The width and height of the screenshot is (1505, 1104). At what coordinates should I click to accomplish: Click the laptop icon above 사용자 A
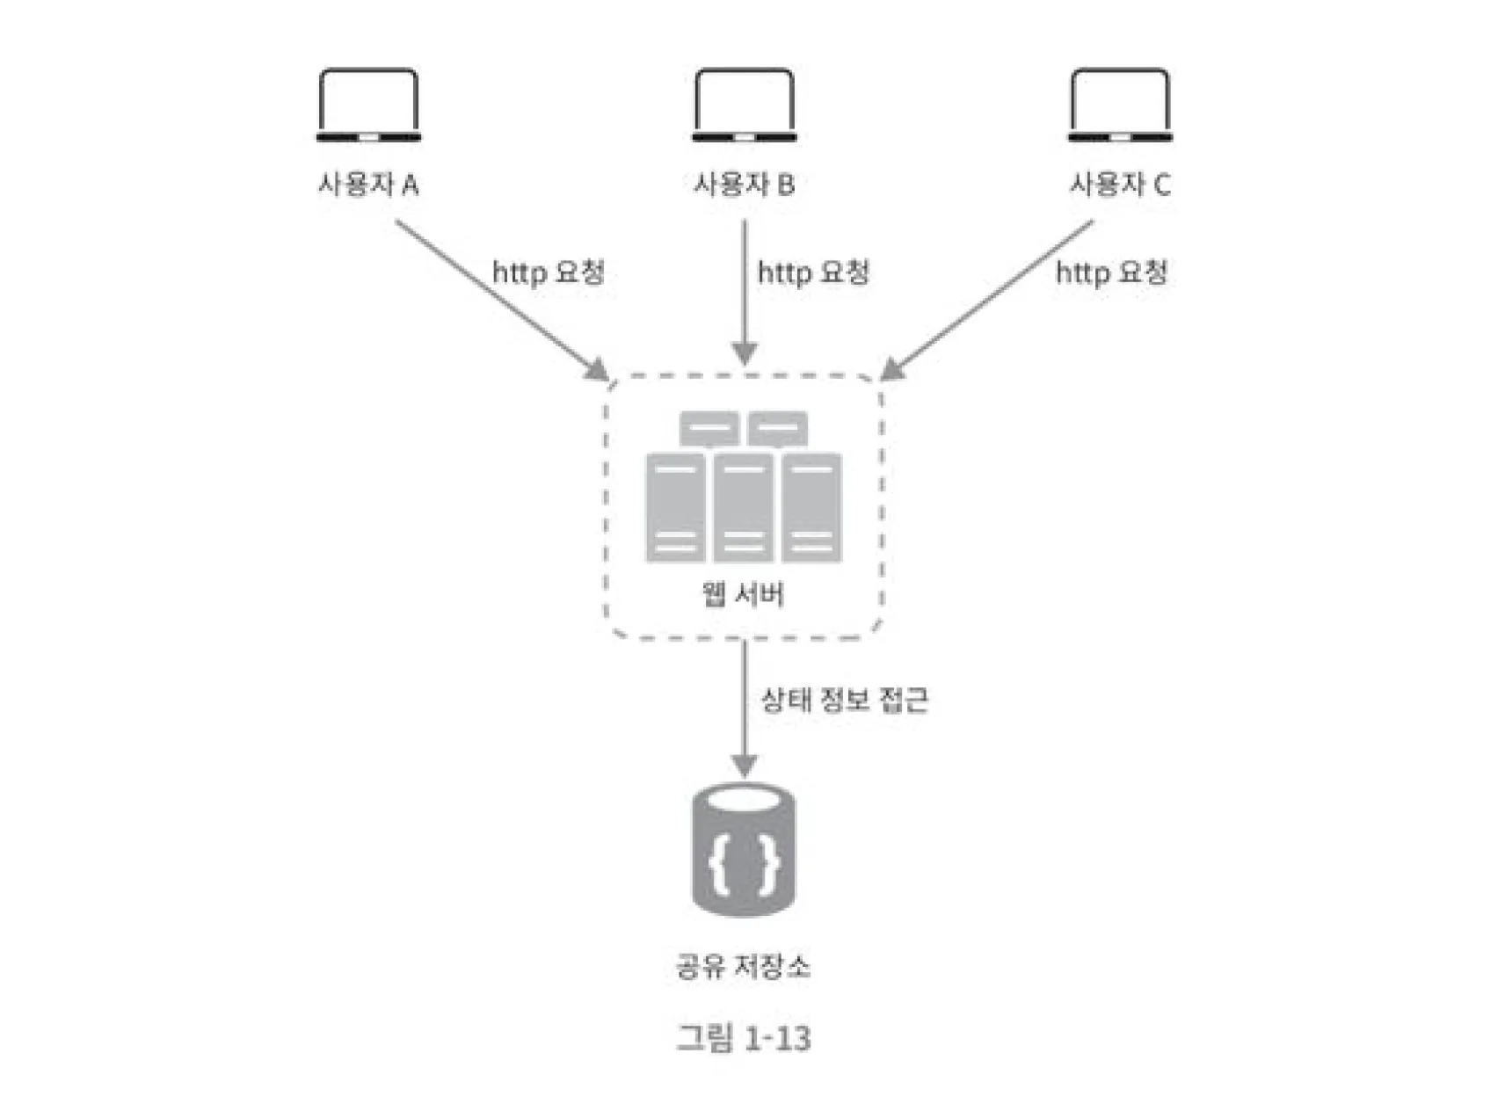[x=368, y=105]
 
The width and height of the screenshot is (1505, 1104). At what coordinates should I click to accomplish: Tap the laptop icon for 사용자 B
[x=744, y=105]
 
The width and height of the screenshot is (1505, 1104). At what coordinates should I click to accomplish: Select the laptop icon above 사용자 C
[x=1120, y=105]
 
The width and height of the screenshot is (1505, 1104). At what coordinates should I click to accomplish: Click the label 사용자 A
[x=368, y=185]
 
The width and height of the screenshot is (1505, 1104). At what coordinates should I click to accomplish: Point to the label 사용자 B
[x=744, y=185]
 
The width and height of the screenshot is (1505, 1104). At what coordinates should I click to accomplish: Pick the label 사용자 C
[x=1120, y=185]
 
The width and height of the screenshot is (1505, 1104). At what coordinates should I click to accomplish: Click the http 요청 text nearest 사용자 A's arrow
[x=549, y=272]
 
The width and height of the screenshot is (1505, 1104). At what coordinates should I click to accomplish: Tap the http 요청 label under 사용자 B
[x=813, y=272]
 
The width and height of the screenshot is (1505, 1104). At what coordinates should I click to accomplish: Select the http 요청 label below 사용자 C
[x=1111, y=272]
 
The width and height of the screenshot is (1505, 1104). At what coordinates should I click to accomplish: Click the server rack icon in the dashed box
[x=744, y=488]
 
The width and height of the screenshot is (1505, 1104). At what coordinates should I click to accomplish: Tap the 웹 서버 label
[x=743, y=595]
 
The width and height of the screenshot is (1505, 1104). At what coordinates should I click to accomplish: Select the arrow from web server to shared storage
[x=745, y=703]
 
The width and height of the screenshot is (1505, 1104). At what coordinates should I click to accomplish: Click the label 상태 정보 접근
[x=844, y=701]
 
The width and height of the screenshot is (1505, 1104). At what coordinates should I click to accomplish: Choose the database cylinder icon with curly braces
[x=744, y=851]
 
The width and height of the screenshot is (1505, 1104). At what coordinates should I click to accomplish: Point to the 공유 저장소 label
[x=743, y=967]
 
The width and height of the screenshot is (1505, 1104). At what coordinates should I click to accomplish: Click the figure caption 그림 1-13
[x=744, y=1039]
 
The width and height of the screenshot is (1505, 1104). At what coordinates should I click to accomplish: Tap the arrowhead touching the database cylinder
[x=745, y=766]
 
